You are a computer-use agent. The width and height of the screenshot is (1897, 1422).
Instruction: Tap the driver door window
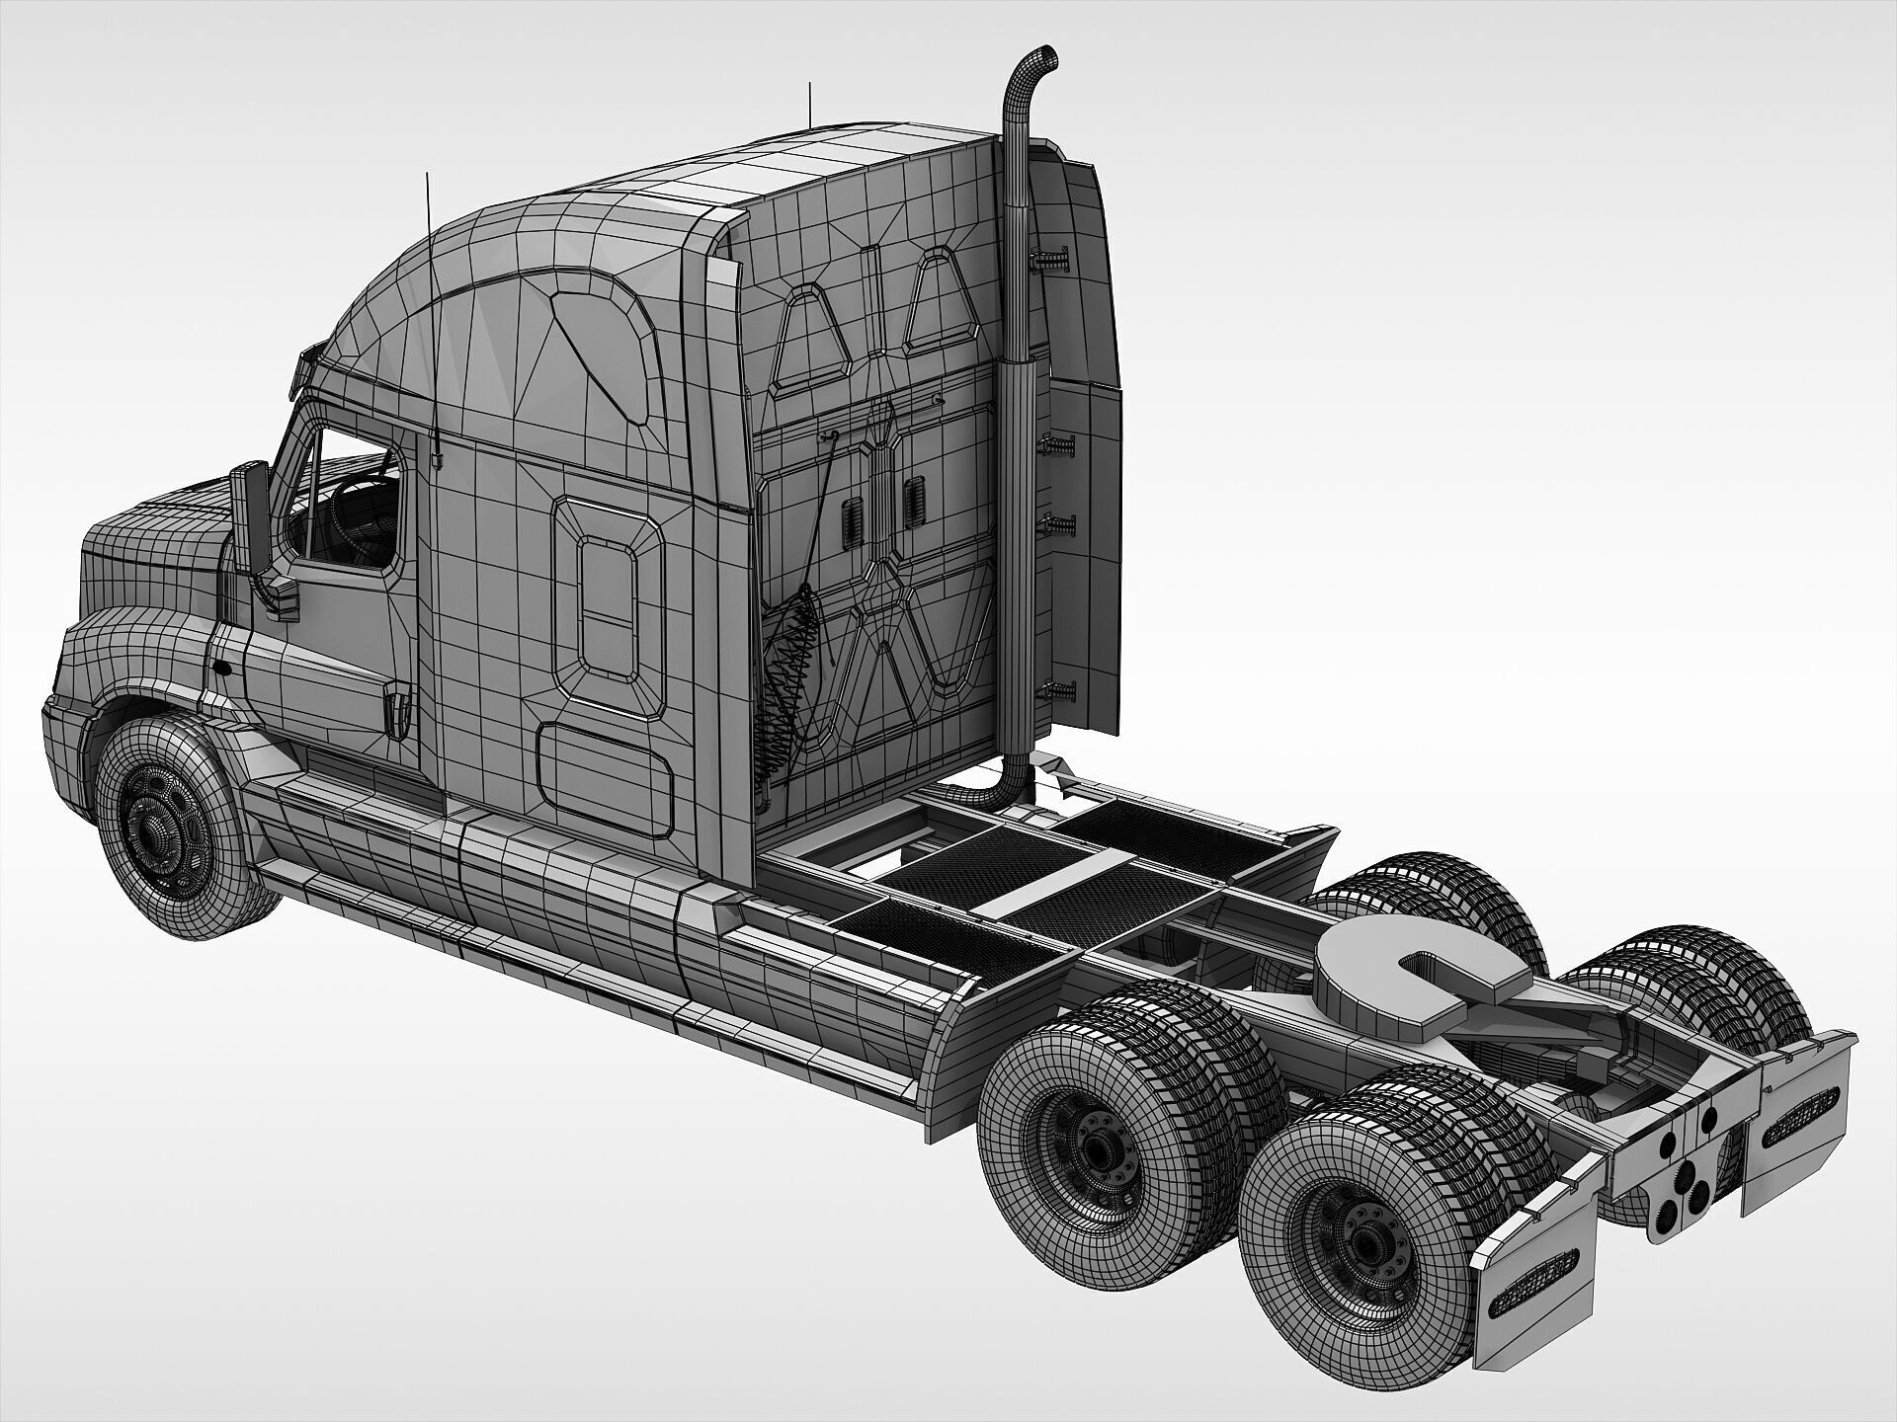point(346,504)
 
